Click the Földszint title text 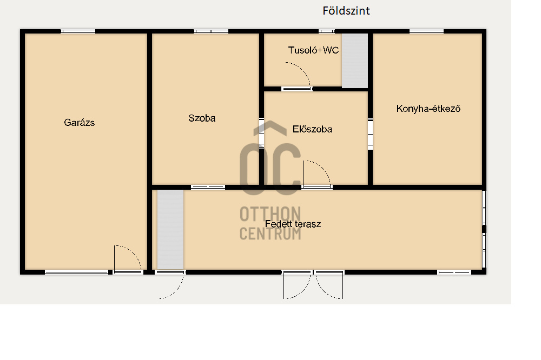[x=346, y=11]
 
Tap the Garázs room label [x=80, y=122]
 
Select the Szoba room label [x=202, y=118]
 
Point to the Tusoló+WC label [x=313, y=50]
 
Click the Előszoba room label [x=312, y=129]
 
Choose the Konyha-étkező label [x=428, y=109]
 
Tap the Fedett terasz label [x=293, y=224]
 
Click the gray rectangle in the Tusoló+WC [x=355, y=61]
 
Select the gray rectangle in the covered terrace [x=170, y=229]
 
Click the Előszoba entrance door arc [x=322, y=166]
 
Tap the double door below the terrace [x=313, y=285]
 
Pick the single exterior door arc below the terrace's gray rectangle [x=177, y=290]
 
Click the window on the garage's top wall [x=78, y=31]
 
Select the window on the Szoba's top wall [x=211, y=31]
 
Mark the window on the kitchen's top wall [x=426, y=31]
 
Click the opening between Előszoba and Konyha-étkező [x=370, y=134]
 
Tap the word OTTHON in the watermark [x=270, y=214]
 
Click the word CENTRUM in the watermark [x=270, y=234]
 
